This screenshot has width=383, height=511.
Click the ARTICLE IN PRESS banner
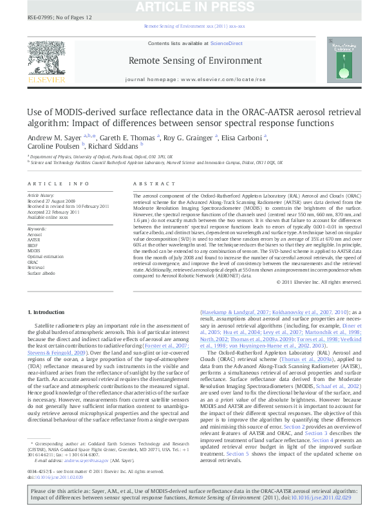click(x=191, y=7)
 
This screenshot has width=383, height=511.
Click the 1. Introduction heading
click(x=47, y=312)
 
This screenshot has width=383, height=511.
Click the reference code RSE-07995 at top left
click(x=39, y=18)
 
